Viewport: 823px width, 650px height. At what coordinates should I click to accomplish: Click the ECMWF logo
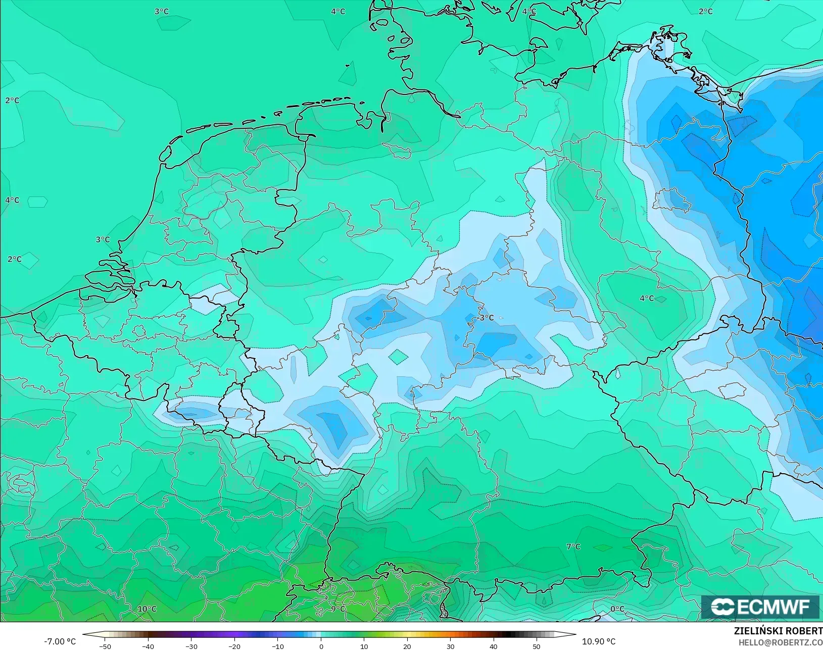click(760, 607)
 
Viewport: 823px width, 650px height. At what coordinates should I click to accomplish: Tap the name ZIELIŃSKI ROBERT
click(778, 631)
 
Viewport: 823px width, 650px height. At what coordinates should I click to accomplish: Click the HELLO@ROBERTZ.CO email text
click(781, 642)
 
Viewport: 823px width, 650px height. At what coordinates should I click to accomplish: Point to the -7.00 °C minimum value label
click(60, 641)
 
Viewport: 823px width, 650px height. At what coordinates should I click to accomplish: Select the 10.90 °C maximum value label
click(599, 641)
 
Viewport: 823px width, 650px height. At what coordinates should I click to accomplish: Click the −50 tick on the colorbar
click(105, 646)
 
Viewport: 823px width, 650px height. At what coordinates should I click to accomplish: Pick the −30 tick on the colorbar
click(191, 646)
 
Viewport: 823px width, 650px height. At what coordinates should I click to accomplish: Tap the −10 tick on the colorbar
click(277, 646)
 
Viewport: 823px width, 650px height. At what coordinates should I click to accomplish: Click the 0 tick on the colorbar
click(321, 646)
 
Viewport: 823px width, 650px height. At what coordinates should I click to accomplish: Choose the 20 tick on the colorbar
click(407, 646)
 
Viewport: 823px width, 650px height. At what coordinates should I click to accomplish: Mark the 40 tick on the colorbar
click(494, 646)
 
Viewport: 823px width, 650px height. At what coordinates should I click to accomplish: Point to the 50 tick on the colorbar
click(537, 646)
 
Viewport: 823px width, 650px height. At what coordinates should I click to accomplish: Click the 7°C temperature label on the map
click(573, 546)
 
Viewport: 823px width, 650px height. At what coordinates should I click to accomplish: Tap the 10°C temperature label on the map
click(147, 609)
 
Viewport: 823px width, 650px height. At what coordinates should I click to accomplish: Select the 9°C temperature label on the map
click(338, 609)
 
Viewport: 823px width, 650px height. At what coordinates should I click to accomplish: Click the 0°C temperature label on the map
click(617, 609)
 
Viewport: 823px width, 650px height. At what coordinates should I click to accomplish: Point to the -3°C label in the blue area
click(486, 318)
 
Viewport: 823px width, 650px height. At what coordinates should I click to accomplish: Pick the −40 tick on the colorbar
click(148, 646)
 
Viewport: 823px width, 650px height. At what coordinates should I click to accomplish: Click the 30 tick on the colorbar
click(450, 646)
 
